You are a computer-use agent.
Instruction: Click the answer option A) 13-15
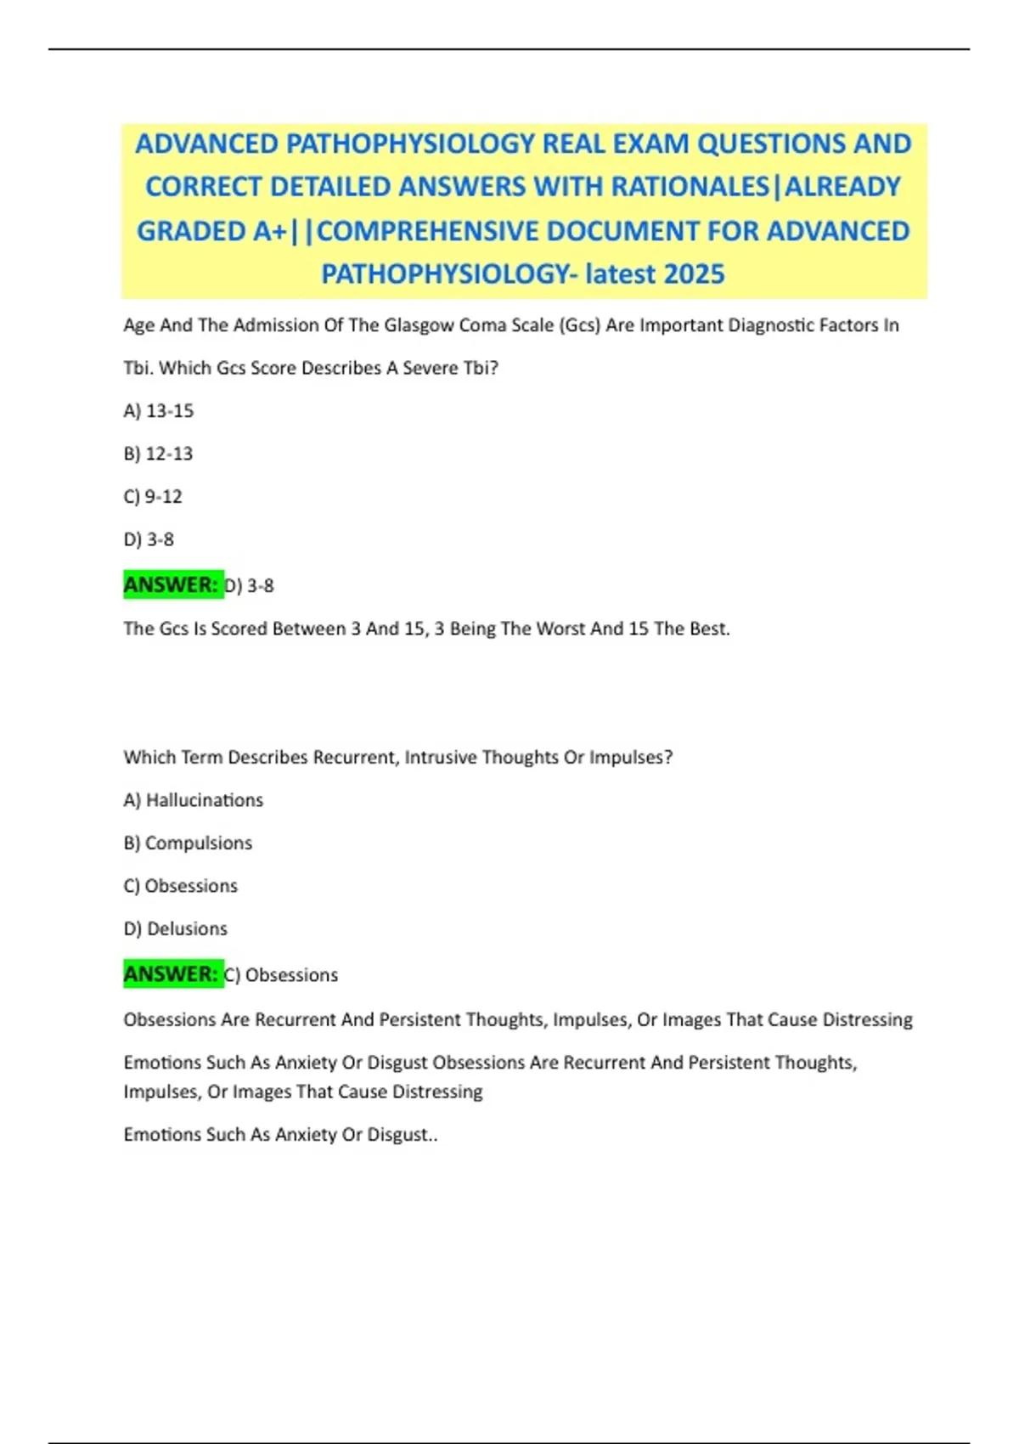coord(159,411)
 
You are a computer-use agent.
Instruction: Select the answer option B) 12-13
coord(159,454)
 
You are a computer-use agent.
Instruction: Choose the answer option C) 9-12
coord(153,497)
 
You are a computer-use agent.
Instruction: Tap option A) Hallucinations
coord(194,800)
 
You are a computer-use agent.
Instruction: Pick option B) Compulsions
coord(188,843)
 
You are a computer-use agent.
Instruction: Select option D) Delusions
coord(176,929)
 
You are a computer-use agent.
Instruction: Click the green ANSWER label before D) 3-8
coord(172,584)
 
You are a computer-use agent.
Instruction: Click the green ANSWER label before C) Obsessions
coord(172,973)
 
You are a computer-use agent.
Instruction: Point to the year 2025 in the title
coord(695,274)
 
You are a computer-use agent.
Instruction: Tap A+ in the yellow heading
coord(270,231)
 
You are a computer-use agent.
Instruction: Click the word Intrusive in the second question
coord(441,758)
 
